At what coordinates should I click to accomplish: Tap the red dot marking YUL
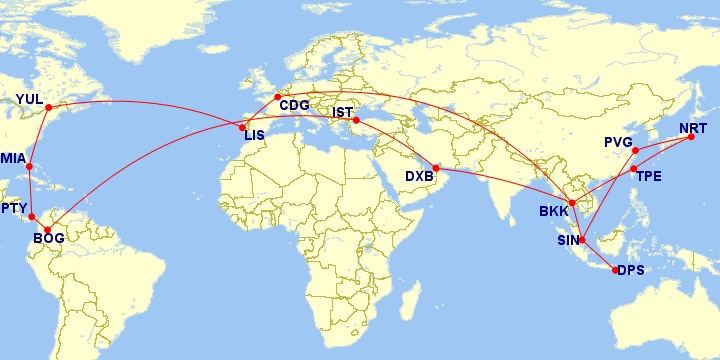pos(48,106)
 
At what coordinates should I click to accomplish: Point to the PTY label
pos(14,208)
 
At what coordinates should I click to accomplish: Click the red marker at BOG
pos(47,230)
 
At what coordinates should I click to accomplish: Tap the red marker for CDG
pos(277,97)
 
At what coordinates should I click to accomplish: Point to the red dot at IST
pos(356,121)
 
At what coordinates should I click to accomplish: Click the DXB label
pos(419,177)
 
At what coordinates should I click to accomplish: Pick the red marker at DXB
pos(435,168)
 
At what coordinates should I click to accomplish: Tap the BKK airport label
pos(553,211)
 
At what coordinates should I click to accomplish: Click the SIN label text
pos(568,240)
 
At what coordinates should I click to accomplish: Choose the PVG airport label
pos(619,142)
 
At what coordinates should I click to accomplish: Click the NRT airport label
pos(692,129)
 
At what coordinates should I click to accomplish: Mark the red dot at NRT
pos(689,139)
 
